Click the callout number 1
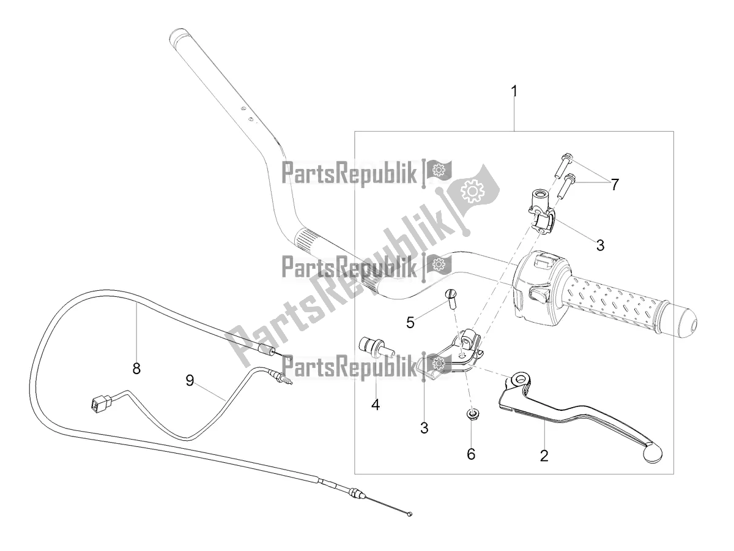click(514, 92)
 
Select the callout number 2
click(544, 455)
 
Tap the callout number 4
click(375, 404)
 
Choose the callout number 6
click(471, 454)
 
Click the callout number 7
click(614, 183)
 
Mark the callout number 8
click(136, 368)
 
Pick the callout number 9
click(190, 381)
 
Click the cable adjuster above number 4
click(376, 347)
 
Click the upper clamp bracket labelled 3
click(541, 217)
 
